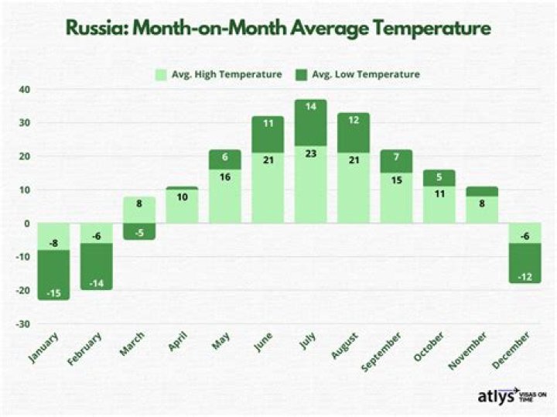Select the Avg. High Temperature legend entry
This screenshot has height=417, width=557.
217,74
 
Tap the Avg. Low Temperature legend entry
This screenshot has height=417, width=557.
364,74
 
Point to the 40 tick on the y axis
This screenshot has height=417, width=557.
25,90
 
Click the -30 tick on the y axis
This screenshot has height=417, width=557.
23,323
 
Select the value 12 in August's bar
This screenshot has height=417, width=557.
353,120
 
